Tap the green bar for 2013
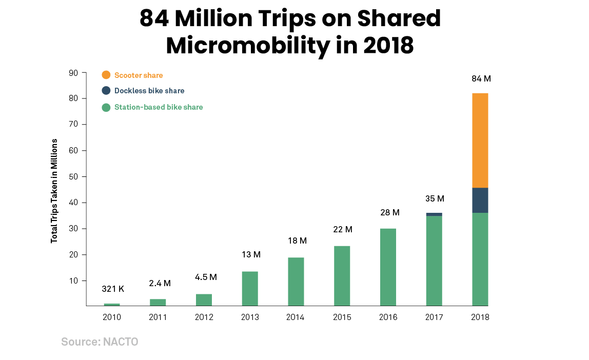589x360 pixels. (250, 289)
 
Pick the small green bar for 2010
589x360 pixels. (112, 305)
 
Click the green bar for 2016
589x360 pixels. (388, 267)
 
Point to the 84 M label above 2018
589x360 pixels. (481, 79)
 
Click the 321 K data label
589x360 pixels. (112, 289)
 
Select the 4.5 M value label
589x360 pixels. (206, 277)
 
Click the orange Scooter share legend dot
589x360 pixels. (106, 75)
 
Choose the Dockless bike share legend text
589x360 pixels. (149, 91)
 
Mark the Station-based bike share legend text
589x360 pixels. (159, 107)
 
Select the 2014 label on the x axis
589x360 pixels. (296, 317)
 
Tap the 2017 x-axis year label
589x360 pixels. (434, 317)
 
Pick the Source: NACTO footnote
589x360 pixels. (100, 342)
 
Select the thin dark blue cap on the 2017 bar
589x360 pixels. (434, 214)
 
